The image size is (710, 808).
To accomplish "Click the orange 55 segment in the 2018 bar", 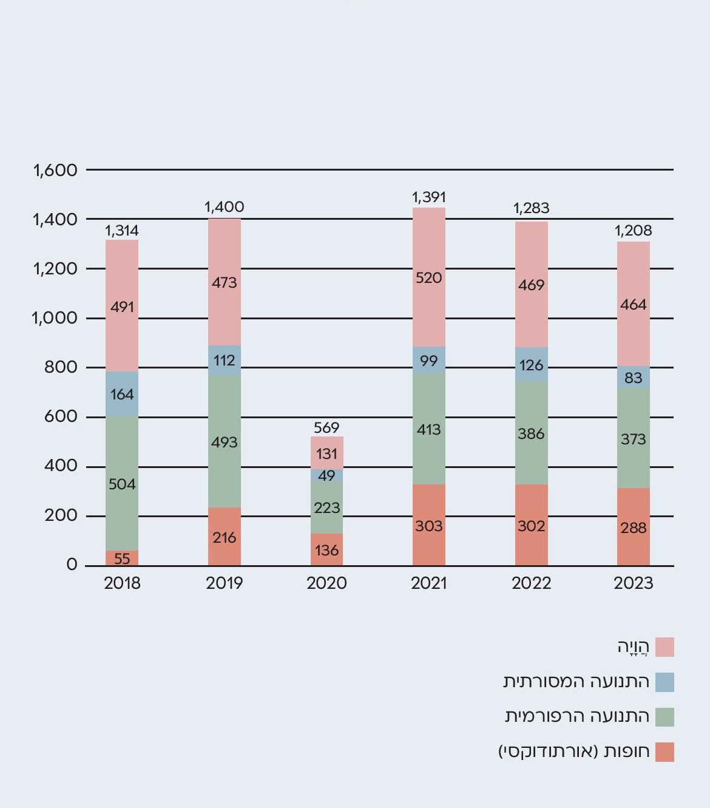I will click(x=122, y=558).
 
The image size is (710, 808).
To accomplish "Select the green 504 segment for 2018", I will click(x=122, y=483).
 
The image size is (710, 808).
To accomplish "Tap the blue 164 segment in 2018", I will click(x=122, y=394).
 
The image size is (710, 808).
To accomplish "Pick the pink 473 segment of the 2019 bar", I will click(x=225, y=282).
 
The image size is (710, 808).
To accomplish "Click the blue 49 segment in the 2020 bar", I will click(x=326, y=475).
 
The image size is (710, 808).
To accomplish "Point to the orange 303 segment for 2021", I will click(x=429, y=526).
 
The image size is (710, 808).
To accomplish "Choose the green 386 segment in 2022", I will click(x=531, y=433).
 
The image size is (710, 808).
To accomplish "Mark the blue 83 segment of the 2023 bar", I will click(x=634, y=378).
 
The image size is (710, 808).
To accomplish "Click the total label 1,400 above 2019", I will click(x=225, y=207).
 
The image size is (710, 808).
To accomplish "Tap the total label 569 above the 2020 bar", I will click(x=326, y=427).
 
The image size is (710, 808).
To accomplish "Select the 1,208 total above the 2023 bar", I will click(x=634, y=231).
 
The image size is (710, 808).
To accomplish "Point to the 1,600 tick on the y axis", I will click(x=55, y=170).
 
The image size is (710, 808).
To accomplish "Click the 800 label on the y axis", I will click(x=61, y=367).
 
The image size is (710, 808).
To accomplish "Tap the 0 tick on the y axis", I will click(x=72, y=565).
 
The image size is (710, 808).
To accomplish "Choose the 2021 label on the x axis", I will click(x=429, y=583).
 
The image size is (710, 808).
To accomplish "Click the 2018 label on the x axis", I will click(x=122, y=583).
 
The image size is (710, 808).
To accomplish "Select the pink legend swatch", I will click(x=665, y=647).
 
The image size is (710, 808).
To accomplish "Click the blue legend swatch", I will click(x=665, y=682).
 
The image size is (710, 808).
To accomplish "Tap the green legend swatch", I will click(x=665, y=717).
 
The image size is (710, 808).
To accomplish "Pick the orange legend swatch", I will click(x=665, y=752).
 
